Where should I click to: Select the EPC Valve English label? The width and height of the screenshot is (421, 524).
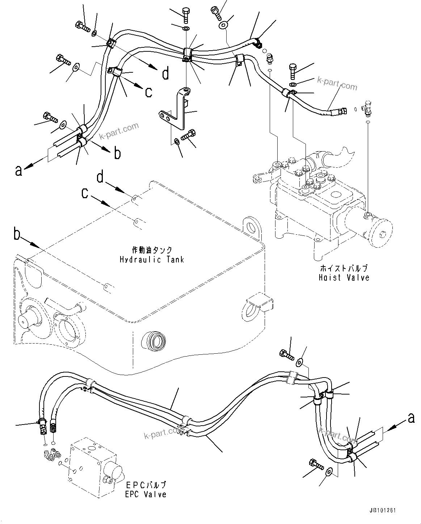146,494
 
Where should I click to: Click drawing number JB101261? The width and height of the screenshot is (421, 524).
383,511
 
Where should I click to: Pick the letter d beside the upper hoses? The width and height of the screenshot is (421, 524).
165,74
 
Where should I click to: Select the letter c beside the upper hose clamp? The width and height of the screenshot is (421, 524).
148,92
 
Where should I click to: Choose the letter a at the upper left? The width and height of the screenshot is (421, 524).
18,170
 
